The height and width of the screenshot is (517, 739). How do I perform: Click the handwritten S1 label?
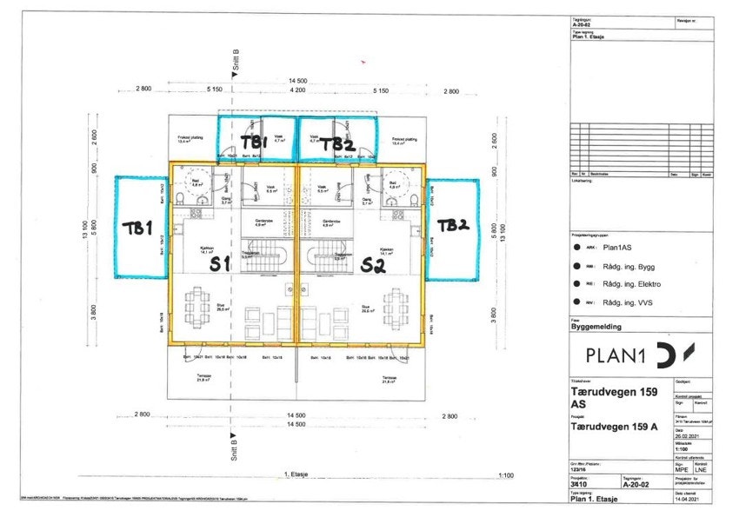220,265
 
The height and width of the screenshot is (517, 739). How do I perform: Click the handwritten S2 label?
373,265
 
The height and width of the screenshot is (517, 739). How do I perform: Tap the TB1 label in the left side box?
137,228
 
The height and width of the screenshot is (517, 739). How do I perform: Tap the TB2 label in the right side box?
452,225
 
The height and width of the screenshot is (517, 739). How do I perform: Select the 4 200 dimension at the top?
297,90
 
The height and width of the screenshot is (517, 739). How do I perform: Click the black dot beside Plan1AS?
578,247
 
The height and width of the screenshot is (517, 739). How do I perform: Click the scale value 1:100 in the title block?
684,448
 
